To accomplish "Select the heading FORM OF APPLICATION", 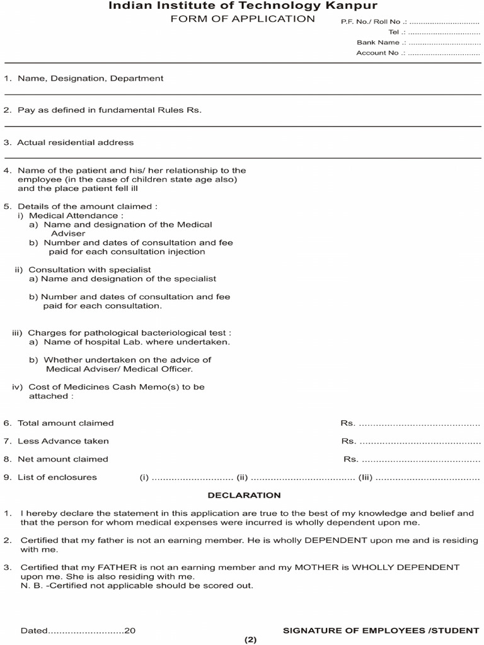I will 243,19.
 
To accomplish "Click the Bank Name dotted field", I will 444,43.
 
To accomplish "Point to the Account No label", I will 377,53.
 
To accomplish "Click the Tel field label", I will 394,32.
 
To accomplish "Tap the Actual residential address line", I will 75,143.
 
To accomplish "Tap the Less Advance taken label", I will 63,441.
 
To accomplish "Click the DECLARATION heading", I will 245,496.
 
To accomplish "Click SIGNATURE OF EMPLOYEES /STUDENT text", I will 381,630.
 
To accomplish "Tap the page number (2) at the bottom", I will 250,640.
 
